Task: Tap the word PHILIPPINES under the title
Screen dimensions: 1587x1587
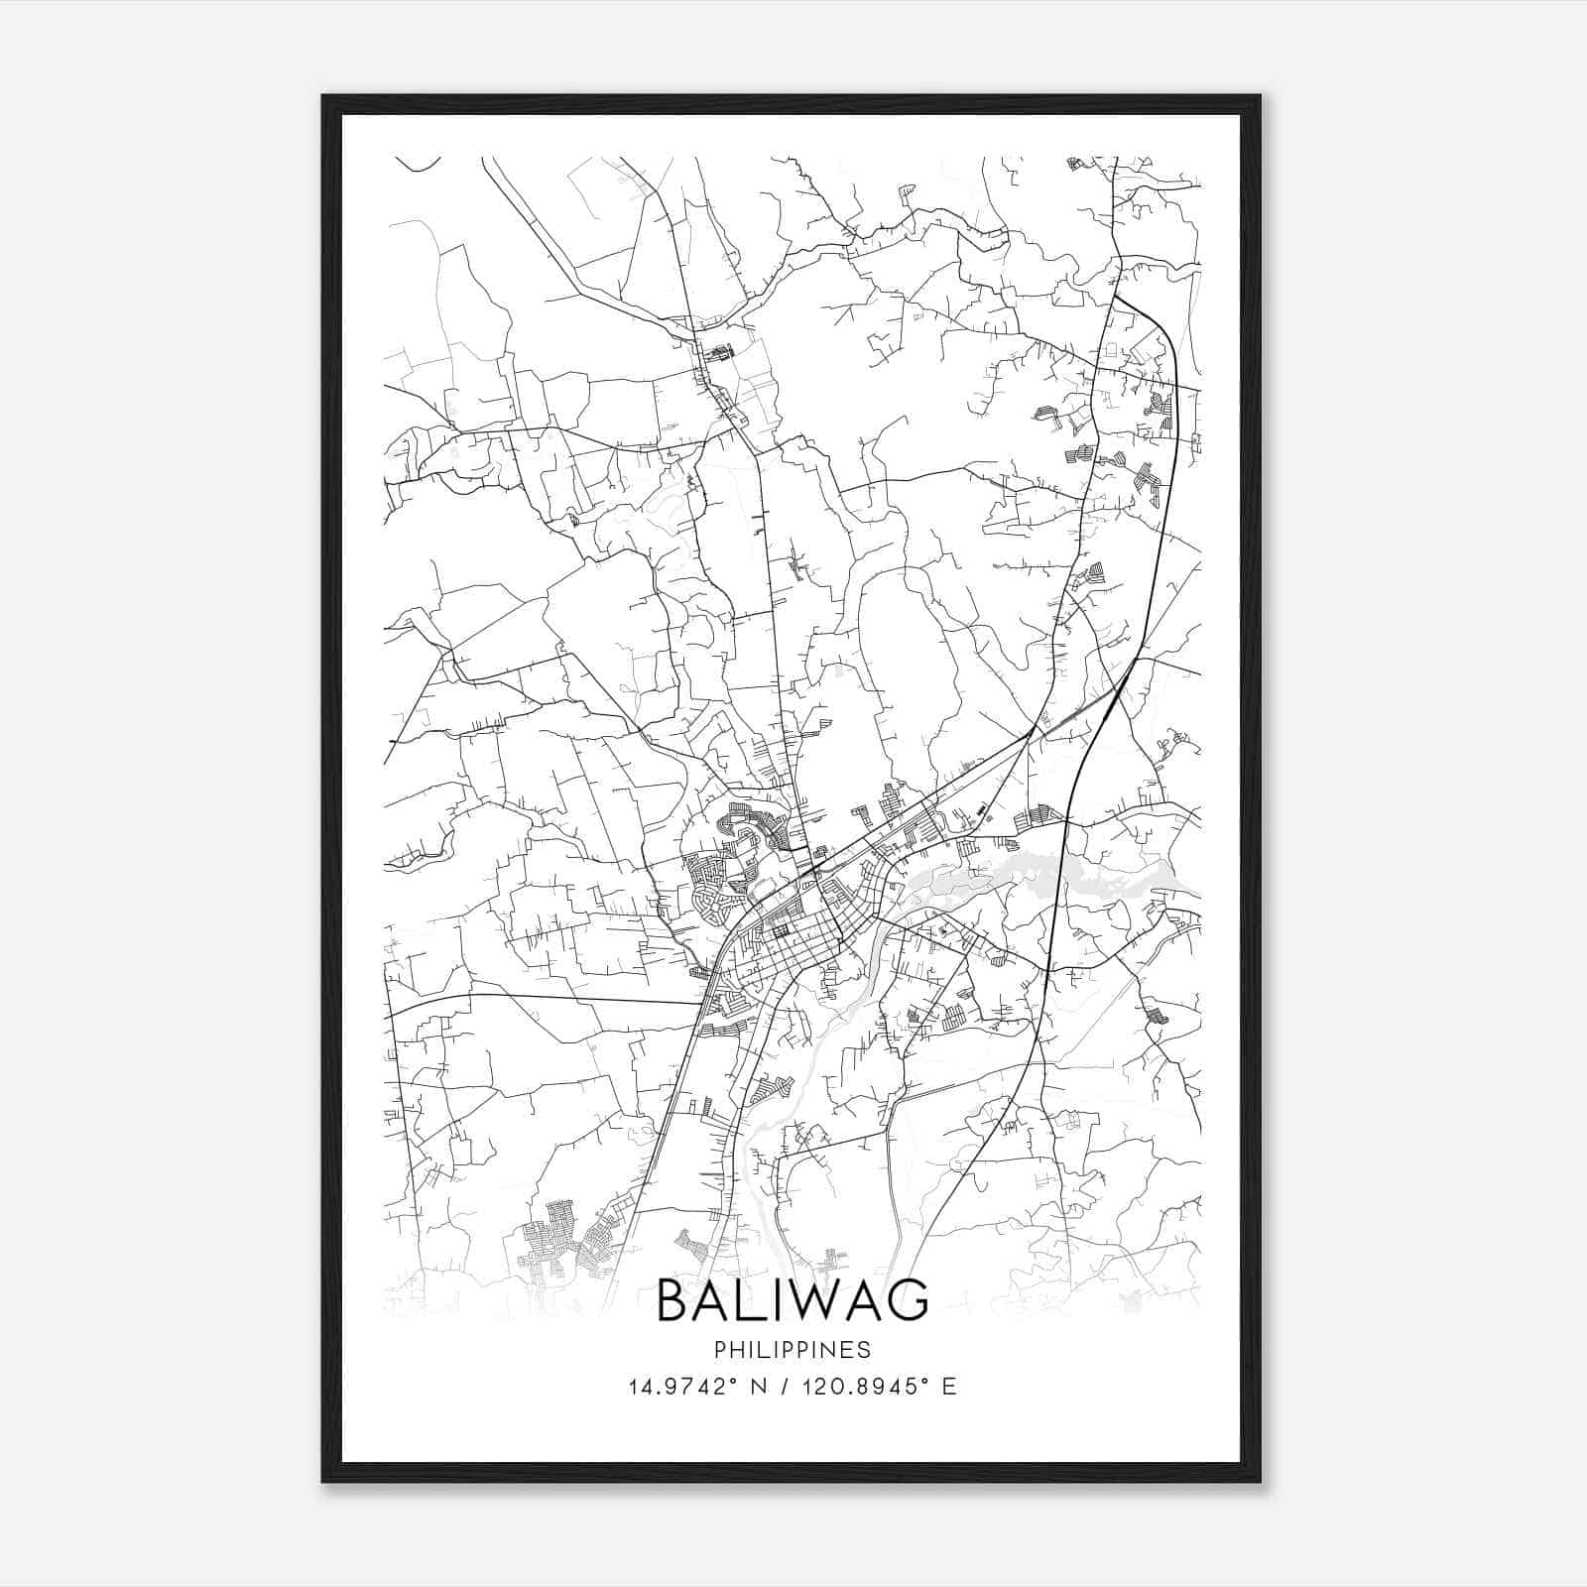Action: (793, 1350)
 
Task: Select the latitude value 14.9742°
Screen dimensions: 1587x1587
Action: (680, 1387)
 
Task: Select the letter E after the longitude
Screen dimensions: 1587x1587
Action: (949, 1387)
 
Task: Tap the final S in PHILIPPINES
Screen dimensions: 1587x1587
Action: (866, 1350)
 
